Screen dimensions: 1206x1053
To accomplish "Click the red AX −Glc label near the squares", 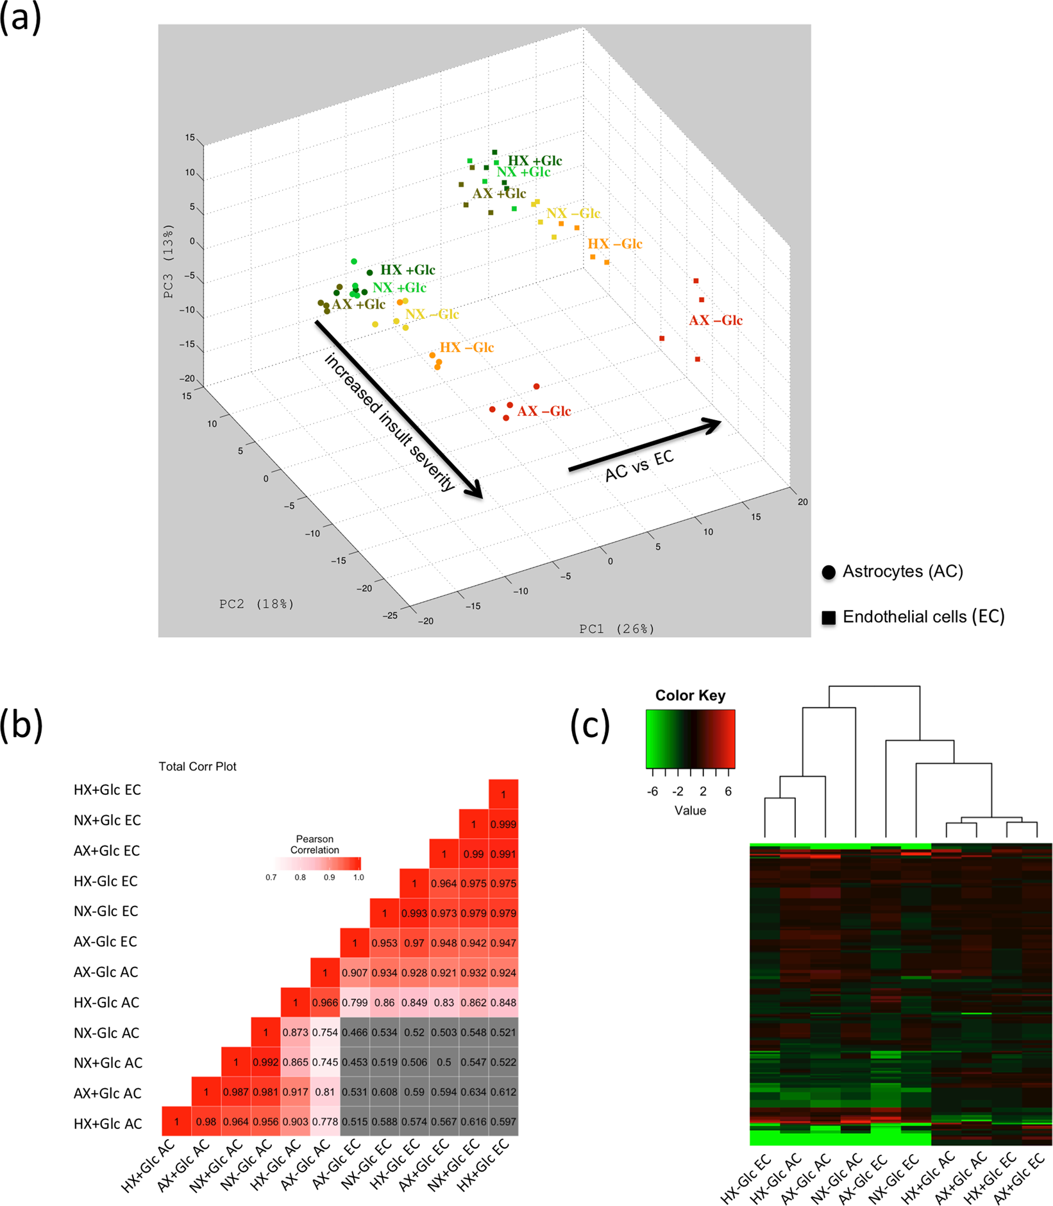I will (x=716, y=320).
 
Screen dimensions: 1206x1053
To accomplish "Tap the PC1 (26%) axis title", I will (x=617, y=629).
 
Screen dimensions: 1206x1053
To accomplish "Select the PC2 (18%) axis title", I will (x=257, y=604).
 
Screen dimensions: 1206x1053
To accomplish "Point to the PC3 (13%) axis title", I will (x=169, y=261).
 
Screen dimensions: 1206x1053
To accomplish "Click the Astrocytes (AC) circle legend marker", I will (x=829, y=572).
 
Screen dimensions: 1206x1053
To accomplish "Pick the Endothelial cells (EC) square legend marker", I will (x=829, y=617).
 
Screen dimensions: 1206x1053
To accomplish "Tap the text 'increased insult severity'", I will (x=390, y=422).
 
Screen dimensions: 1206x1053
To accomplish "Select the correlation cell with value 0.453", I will (x=355, y=1062).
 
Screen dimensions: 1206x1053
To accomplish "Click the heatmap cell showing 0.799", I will (x=355, y=1003).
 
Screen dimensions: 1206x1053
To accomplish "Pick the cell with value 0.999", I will (x=503, y=824).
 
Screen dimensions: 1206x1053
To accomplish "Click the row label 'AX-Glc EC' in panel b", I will (x=106, y=942).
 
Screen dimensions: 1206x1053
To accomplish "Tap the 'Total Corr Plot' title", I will (x=198, y=767).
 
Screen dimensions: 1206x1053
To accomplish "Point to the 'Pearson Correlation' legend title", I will (x=314, y=844).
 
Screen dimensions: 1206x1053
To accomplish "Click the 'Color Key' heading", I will (x=690, y=695).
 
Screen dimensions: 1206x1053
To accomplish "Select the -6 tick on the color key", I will (x=652, y=792).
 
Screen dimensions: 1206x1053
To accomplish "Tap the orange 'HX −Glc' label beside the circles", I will (x=466, y=348).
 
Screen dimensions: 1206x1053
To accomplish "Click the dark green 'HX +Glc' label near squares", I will (x=535, y=161).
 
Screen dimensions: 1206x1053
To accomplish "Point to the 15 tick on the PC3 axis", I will (x=190, y=138).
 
